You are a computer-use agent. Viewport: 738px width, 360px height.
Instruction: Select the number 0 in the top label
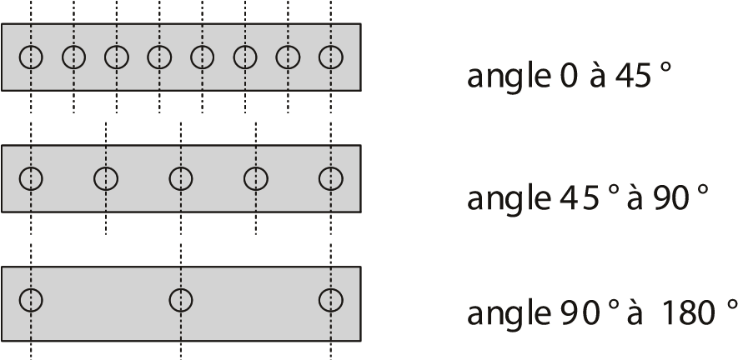click(x=569, y=76)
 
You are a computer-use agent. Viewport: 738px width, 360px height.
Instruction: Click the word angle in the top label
click(x=509, y=77)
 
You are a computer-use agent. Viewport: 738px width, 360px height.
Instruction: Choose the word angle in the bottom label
click(x=509, y=314)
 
